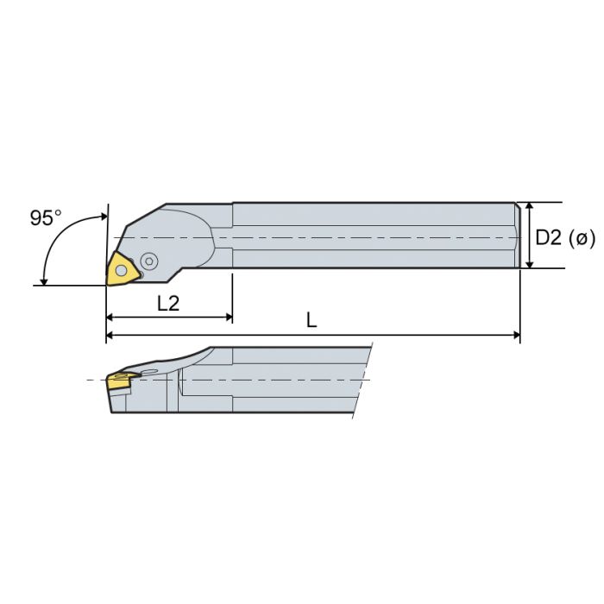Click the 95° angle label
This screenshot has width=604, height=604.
click(46, 217)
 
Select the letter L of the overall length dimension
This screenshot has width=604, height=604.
click(311, 320)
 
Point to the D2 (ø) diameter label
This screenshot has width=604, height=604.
click(565, 236)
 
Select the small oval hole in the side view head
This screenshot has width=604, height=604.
click(152, 373)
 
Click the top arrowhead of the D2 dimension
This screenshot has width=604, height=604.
click(529, 208)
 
